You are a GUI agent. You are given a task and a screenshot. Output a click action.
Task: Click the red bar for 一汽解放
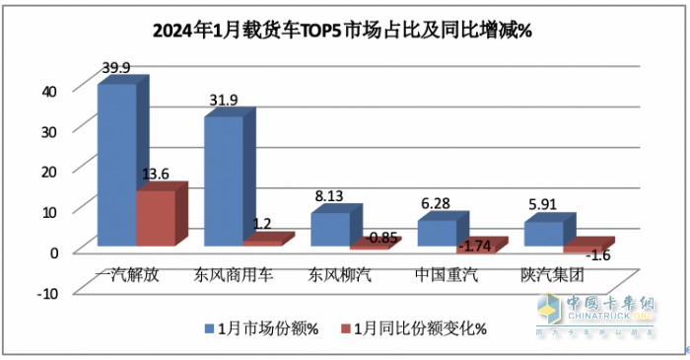click(x=155, y=217)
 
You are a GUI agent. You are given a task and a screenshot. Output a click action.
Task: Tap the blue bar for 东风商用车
click(x=224, y=180)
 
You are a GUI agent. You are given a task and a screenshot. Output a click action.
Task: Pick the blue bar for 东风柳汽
click(x=330, y=229)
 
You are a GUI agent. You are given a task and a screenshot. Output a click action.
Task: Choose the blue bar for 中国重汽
click(x=437, y=233)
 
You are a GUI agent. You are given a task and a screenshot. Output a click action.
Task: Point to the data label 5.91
click(x=542, y=202)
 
